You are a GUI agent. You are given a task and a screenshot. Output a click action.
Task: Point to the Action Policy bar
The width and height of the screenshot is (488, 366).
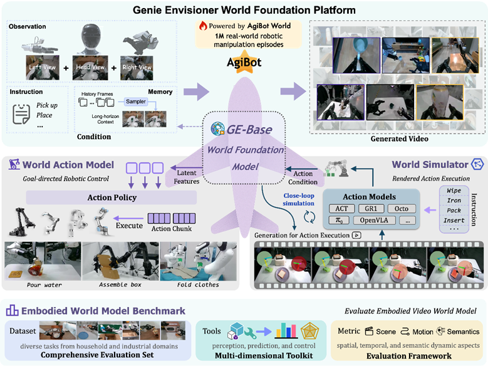(111, 198)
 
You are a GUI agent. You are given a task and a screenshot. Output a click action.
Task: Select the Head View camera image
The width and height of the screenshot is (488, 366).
(90, 66)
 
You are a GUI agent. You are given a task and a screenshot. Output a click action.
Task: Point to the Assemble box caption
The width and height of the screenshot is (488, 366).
(119, 285)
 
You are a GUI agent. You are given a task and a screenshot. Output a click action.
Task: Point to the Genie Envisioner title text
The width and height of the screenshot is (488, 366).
(244, 11)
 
